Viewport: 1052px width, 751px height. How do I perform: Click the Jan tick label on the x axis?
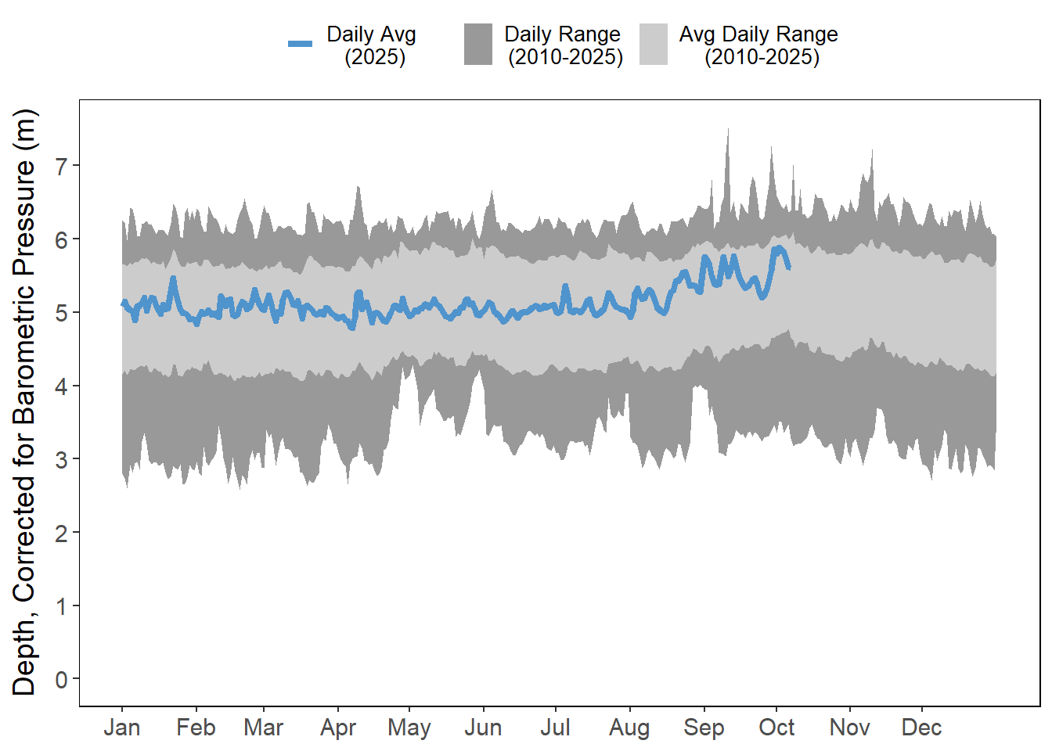tap(122, 728)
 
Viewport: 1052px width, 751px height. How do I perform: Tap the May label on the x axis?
tap(409, 728)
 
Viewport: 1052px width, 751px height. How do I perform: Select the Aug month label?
tap(629, 728)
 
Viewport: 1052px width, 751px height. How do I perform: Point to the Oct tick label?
tap(776, 728)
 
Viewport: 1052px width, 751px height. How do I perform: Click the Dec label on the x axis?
tap(921, 728)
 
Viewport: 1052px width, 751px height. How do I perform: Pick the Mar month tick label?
tap(263, 728)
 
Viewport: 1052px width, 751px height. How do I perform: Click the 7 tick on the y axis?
tap(62, 165)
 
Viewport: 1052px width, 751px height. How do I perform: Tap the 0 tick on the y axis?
tap(62, 679)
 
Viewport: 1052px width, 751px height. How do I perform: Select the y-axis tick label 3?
tap(62, 459)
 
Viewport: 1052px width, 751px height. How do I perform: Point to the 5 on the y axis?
tap(62, 312)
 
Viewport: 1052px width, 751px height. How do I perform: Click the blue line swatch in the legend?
tap(300, 44)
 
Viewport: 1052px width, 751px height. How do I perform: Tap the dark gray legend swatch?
tap(478, 44)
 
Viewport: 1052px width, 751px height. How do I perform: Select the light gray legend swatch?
tap(654, 44)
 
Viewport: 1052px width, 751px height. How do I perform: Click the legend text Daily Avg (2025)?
tap(372, 45)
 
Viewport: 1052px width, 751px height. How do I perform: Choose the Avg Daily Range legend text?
tap(758, 45)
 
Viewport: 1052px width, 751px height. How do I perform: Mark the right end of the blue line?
tap(788, 268)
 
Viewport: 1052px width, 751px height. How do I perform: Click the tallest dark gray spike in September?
tap(728, 131)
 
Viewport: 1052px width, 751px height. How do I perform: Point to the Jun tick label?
tap(483, 728)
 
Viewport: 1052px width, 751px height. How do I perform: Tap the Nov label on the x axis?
tap(849, 728)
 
